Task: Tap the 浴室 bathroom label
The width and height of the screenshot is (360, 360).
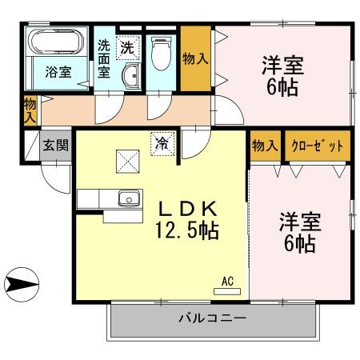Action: click(x=58, y=72)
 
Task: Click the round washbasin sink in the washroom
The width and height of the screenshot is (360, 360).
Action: click(x=131, y=78)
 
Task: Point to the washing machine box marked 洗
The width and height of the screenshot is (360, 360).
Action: click(x=128, y=47)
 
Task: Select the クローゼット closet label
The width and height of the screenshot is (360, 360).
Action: click(x=318, y=146)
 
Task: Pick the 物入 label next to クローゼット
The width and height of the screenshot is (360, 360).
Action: click(x=264, y=146)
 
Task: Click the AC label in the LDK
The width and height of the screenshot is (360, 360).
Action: click(x=227, y=282)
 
